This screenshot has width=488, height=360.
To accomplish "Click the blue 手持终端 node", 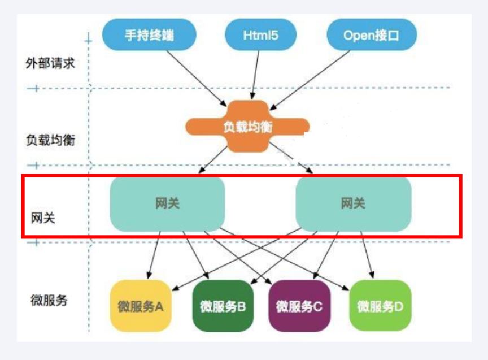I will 149,36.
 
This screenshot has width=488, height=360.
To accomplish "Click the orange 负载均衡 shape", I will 247,127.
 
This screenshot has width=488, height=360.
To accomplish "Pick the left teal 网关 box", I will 167,204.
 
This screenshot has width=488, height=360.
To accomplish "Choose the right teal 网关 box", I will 353,204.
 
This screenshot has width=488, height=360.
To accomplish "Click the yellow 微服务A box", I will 141,306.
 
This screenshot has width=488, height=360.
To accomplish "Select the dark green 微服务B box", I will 223,306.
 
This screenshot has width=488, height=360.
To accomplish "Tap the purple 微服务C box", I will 299,306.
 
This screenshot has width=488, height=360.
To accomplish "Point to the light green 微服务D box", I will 380,306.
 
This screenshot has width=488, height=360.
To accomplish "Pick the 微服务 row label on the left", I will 49,300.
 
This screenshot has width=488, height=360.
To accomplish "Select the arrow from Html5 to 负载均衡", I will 256,74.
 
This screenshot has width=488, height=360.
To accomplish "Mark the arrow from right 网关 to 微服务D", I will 365,255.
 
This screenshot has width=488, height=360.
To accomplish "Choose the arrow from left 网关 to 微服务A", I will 154,254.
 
